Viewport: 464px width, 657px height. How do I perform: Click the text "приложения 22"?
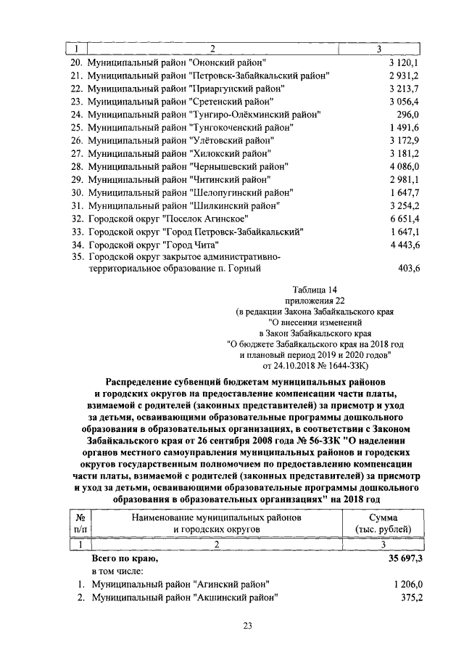309,301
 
